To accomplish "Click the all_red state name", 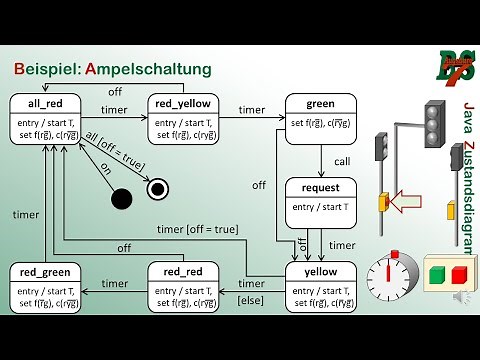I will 45,104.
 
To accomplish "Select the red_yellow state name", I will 182,104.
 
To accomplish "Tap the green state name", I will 320,104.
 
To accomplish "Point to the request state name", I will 320,188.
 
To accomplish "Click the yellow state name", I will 320,272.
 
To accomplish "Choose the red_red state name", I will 182,272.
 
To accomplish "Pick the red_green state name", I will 45,272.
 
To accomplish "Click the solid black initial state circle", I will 122,198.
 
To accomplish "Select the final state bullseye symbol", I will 156,188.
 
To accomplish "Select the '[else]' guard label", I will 250,300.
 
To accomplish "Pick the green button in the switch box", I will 437,274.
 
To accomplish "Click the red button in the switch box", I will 459,274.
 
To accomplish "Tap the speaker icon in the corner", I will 461,298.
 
